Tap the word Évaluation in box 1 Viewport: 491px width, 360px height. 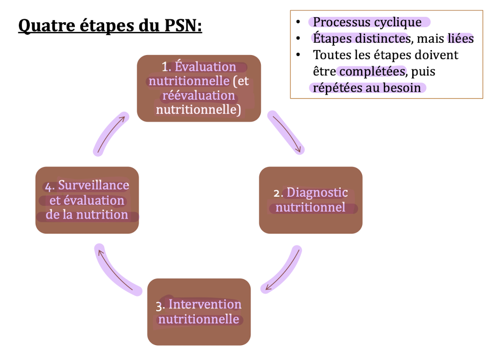205,67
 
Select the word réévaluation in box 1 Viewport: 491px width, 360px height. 198,95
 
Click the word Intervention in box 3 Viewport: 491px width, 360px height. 205,304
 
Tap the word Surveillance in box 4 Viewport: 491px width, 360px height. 93,185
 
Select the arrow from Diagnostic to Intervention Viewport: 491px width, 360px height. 283,270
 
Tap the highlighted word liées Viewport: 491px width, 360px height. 460,39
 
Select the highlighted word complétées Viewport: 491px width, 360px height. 372,71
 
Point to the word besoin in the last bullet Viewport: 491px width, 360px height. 404,88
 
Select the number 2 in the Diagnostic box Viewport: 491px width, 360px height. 277,193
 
